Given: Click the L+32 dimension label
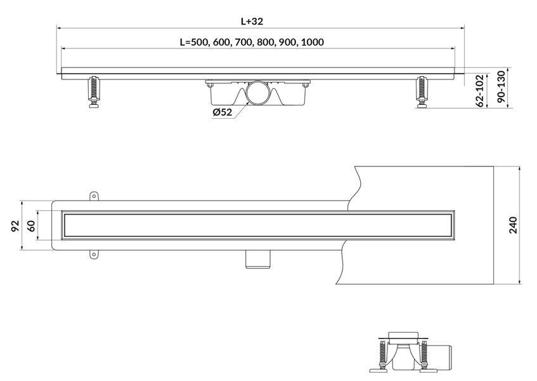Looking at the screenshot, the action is (252, 21).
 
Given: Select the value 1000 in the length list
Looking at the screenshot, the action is (313, 42).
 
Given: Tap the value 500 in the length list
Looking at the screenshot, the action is (199, 42).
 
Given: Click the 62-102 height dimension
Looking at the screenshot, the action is (480, 91).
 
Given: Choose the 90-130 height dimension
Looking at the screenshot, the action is (501, 87).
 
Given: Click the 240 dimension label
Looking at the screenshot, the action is (513, 225).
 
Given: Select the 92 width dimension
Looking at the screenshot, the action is (15, 225).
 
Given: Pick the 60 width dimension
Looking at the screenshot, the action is (31, 225).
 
